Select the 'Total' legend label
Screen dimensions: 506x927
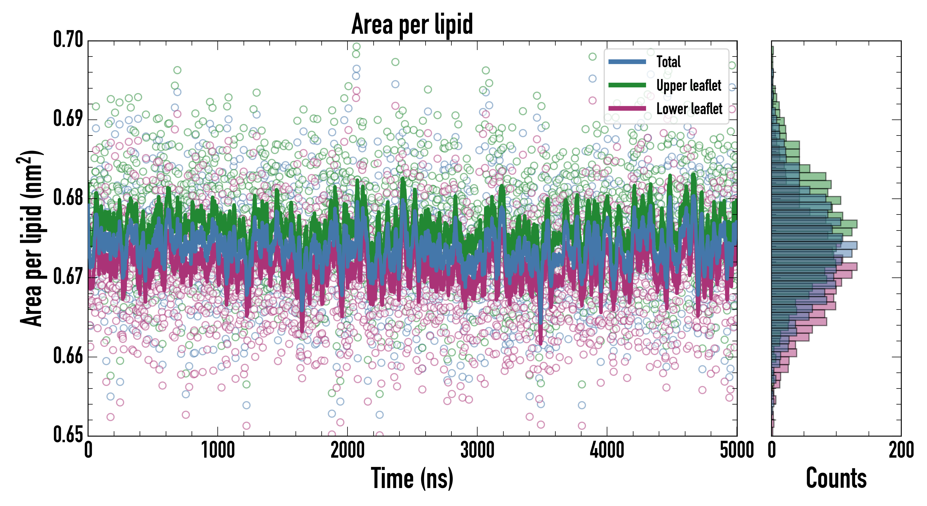(668, 62)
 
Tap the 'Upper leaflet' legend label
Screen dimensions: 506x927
(689, 85)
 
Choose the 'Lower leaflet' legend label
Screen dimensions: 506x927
(689, 109)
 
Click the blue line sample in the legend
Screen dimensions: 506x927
(627, 62)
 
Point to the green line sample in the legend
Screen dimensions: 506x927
(627, 85)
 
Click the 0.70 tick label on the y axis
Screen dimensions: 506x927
(68, 40)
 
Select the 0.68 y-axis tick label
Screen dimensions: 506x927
(68, 198)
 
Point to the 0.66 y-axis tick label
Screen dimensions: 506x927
(68, 356)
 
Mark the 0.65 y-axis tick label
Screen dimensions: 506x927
(68, 434)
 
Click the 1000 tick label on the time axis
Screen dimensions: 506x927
(218, 450)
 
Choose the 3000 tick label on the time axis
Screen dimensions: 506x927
(477, 450)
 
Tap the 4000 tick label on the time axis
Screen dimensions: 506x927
(607, 450)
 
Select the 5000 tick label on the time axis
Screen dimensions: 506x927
(736, 450)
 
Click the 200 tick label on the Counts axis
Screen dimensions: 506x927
(901, 450)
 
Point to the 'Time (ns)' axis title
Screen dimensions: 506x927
(412, 478)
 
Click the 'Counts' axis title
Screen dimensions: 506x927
(836, 478)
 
